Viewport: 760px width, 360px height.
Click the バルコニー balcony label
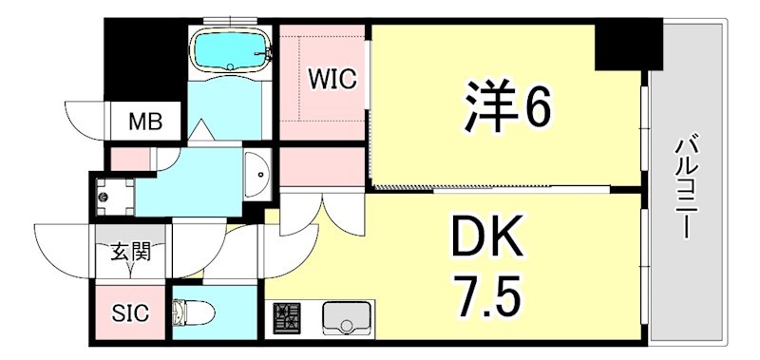click(x=684, y=187)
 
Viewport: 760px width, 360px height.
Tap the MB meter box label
click(x=145, y=122)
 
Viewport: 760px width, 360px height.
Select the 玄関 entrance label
click(x=132, y=254)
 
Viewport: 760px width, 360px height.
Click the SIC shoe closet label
click(x=131, y=313)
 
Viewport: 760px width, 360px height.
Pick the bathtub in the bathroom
click(x=230, y=48)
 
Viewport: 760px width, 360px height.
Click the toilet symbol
click(x=191, y=313)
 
